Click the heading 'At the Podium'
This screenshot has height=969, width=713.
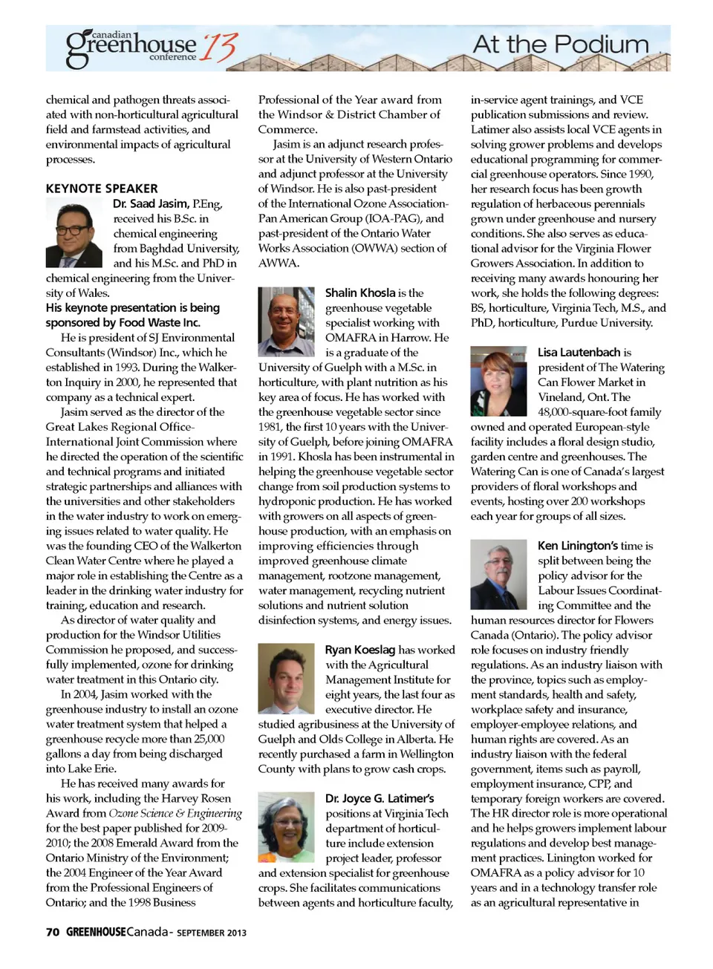[561, 45]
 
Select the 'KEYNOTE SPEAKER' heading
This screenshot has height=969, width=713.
[102, 189]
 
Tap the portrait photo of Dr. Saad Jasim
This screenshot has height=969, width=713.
[74, 233]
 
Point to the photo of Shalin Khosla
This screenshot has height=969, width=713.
[286, 322]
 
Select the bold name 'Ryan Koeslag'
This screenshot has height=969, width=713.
[360, 650]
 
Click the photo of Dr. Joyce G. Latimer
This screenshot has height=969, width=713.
[286, 826]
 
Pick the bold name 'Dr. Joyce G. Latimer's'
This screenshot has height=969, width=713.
[380, 798]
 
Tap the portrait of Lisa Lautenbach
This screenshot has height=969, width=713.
[498, 381]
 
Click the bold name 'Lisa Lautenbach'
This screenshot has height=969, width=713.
[579, 353]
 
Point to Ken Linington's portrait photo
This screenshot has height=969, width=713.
[498, 575]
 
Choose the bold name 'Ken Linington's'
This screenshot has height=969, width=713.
[577, 546]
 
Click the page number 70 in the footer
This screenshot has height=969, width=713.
[53, 932]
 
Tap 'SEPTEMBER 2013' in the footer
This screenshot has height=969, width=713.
[212, 933]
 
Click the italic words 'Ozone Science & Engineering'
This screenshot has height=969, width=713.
[175, 813]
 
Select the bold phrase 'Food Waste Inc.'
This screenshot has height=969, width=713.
[160, 323]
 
